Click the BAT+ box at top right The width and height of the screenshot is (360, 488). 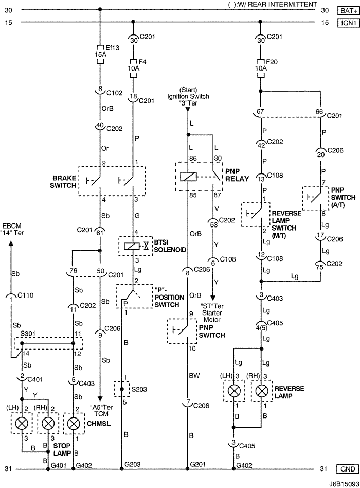pyautogui.click(x=347, y=10)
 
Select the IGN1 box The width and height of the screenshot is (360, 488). pyautogui.click(x=347, y=22)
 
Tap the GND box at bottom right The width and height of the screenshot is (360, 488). pyautogui.click(x=347, y=469)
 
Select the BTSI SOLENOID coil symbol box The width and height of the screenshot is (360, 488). pyautogui.click(x=133, y=246)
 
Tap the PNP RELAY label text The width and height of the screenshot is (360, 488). pyautogui.click(x=237, y=175)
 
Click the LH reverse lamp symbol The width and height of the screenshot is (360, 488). pyautogui.click(x=235, y=391)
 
